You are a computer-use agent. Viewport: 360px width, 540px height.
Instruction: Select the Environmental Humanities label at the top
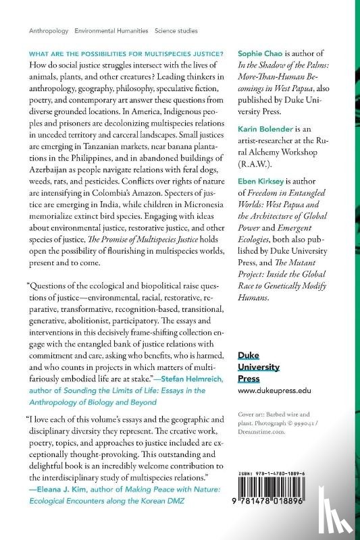(x=112, y=31)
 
